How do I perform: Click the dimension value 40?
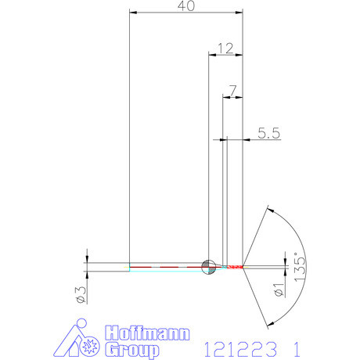186,6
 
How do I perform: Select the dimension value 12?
225,48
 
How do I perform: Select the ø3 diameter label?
78,293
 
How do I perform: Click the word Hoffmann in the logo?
147,333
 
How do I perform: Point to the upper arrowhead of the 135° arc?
270,209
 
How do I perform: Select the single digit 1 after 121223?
295,345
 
